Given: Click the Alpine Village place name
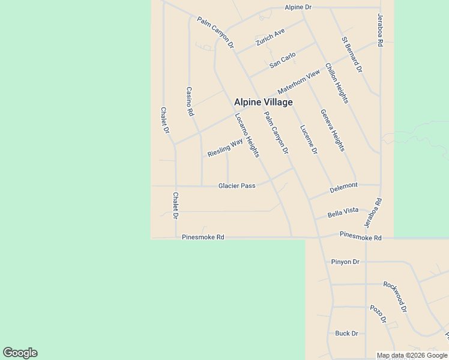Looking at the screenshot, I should tap(263, 102).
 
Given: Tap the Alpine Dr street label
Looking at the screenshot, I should tap(298, 7).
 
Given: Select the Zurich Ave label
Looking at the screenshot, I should tap(270, 37).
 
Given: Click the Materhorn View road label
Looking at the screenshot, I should tap(299, 82).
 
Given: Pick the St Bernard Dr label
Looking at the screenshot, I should tap(352, 55).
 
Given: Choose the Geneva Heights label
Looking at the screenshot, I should tap(333, 130).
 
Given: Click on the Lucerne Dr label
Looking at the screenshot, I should tap(309, 140).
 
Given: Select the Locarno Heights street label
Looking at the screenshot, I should tap(247, 135).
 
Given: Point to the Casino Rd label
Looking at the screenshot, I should tap(190, 101).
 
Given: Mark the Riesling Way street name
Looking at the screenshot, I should tap(225, 146).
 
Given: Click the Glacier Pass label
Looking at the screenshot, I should tap(237, 186).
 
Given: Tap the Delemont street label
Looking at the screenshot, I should tap(344, 187).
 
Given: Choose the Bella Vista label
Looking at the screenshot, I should tap(343, 212).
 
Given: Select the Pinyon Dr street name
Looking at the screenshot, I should tap(345, 262).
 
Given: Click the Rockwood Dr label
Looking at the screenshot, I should tap(396, 296).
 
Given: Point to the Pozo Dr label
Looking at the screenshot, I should tap(378, 314).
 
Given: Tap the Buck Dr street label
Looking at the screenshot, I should tap(346, 334).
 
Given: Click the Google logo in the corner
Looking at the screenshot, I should tap(20, 353).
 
